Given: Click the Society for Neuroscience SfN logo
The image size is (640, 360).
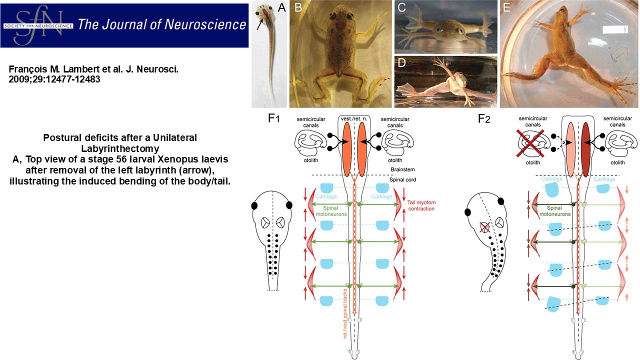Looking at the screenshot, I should click(x=37, y=24).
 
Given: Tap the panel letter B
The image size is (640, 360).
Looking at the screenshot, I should click(x=298, y=8).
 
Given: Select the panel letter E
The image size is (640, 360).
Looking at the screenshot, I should click(x=506, y=8).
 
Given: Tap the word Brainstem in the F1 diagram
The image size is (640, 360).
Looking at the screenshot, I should click(x=403, y=170).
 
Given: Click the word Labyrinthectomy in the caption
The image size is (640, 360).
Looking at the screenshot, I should click(x=119, y=148).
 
